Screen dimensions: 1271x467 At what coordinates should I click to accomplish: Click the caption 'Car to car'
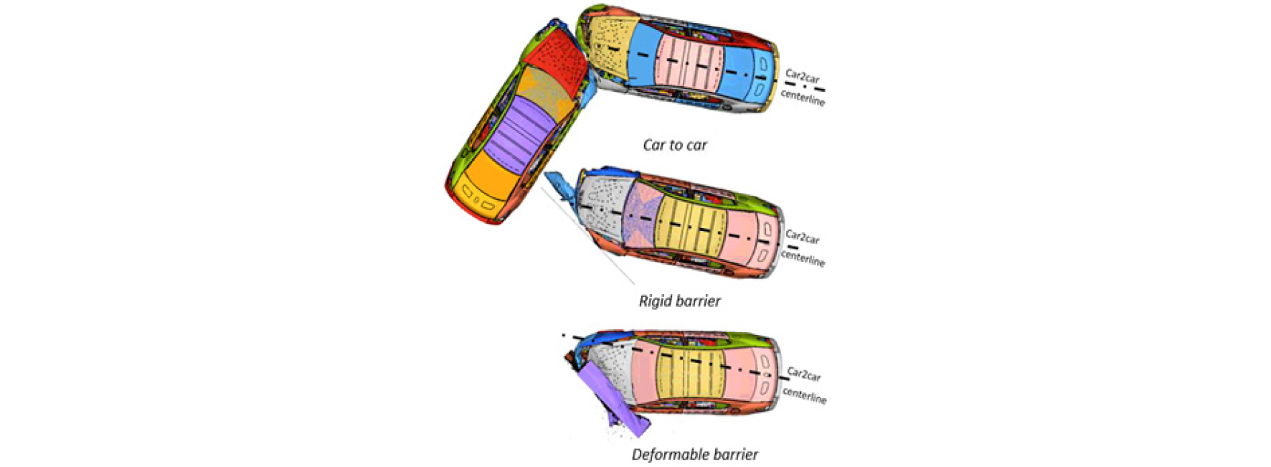675,145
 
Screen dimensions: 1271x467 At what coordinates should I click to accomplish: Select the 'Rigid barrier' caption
679,301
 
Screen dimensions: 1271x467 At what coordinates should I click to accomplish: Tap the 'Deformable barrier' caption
694,454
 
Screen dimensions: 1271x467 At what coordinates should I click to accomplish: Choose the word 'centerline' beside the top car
803,98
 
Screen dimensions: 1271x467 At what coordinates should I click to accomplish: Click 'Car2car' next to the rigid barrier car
803,237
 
